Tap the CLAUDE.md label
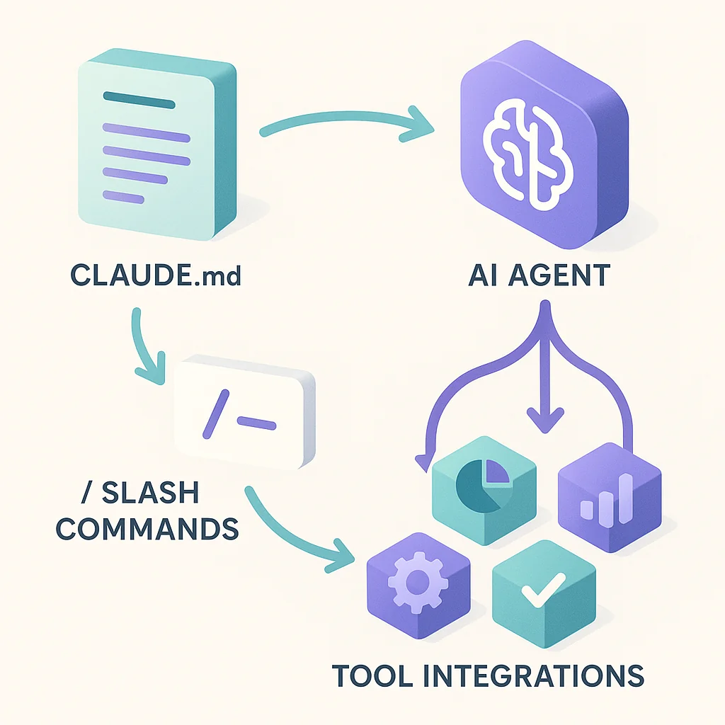(x=155, y=275)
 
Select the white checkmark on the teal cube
(x=540, y=588)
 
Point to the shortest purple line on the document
(x=119, y=195)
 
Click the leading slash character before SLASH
(x=86, y=493)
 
